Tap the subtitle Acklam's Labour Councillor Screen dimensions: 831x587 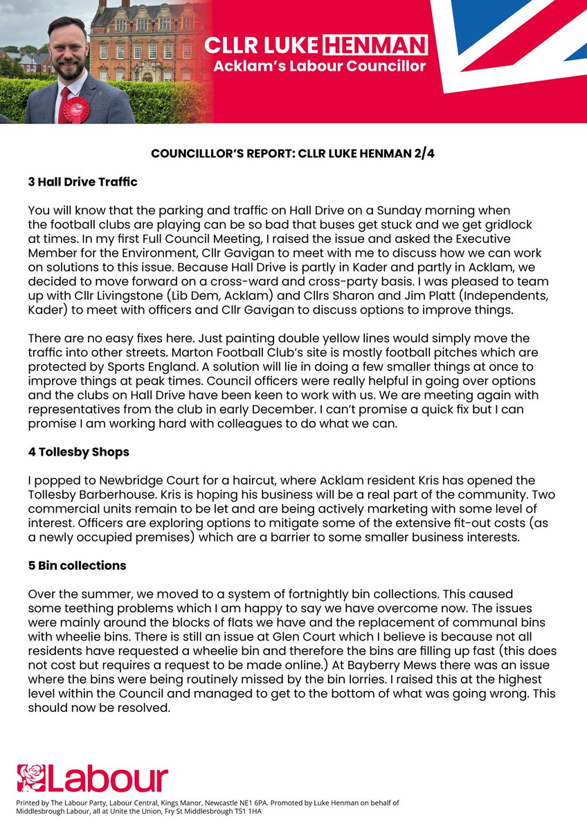click(316, 66)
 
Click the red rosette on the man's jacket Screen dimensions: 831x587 click(76, 109)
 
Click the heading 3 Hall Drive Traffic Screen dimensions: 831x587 click(82, 182)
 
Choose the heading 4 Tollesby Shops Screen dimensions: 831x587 click(78, 453)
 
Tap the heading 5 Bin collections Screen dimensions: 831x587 click(77, 565)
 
